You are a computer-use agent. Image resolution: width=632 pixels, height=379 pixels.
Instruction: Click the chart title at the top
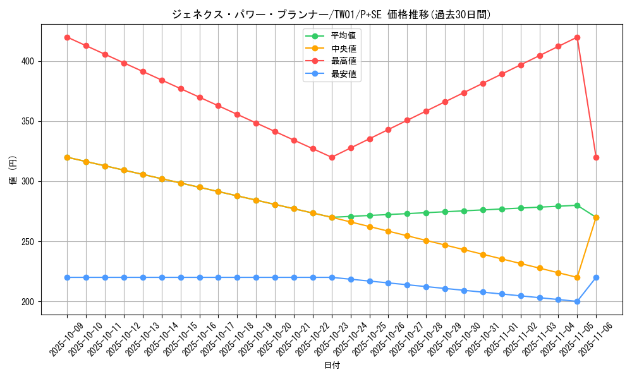tap(331, 15)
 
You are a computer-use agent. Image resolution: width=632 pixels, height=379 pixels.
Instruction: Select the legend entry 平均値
tap(343, 35)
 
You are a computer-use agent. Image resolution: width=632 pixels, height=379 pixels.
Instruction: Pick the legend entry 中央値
tap(343, 48)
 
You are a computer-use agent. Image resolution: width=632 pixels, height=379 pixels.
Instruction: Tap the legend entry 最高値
tap(343, 61)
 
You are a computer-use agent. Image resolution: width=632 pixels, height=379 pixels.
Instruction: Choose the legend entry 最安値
tap(343, 74)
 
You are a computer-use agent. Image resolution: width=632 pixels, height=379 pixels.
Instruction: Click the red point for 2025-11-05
tap(577, 37)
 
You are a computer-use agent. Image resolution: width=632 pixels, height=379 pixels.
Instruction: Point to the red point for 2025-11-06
tap(596, 157)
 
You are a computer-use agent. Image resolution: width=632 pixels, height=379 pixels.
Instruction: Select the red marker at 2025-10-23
tap(332, 157)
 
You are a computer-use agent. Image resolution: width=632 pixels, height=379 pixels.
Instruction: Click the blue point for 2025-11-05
tap(577, 301)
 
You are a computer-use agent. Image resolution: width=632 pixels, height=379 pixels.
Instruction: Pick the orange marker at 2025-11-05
tap(577, 277)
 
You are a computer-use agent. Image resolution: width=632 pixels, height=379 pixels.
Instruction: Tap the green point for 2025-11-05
tap(577, 205)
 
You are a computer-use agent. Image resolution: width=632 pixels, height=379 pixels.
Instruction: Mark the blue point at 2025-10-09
tap(67, 277)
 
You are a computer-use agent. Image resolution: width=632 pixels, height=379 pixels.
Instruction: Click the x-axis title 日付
tap(332, 365)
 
